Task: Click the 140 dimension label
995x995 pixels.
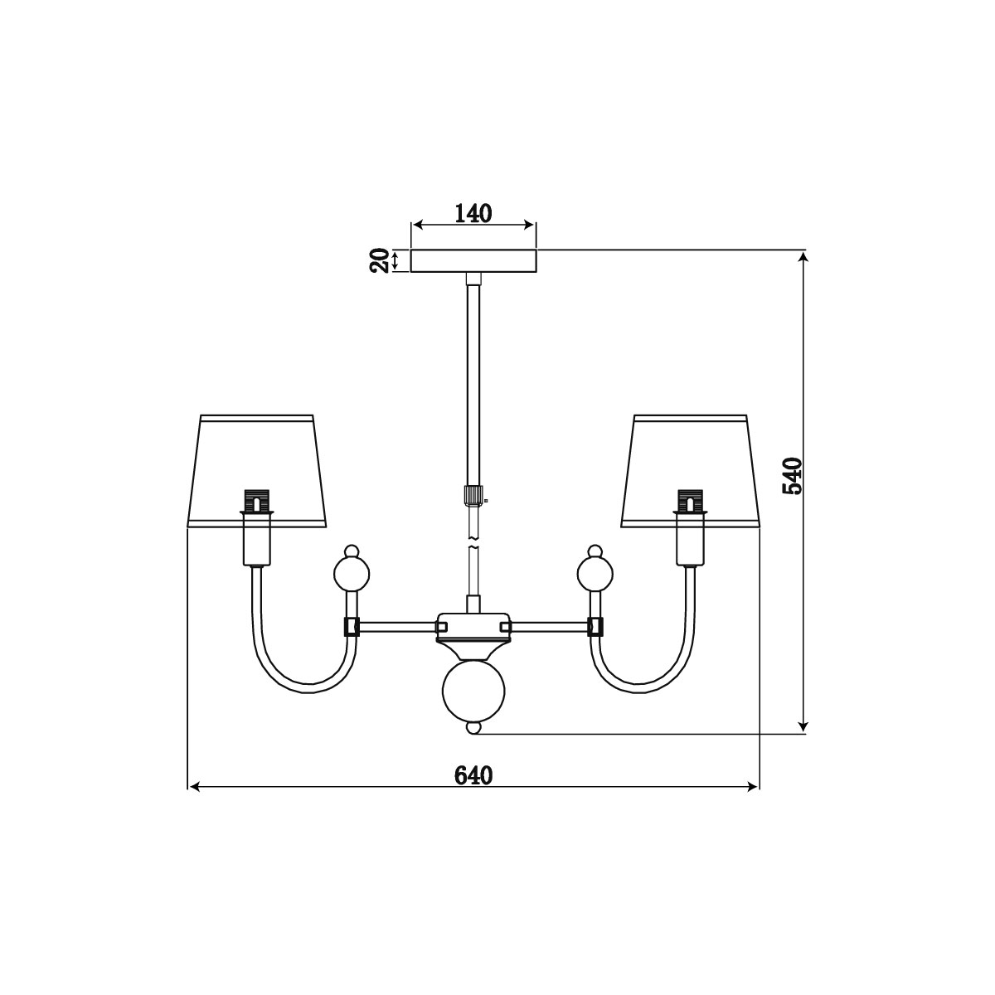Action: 473,213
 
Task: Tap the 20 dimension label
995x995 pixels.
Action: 380,260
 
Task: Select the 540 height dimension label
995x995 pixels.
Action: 793,476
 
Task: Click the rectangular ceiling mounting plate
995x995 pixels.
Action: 473,260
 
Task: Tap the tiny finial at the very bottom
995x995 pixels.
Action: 473,728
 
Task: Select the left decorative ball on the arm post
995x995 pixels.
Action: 352,574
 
